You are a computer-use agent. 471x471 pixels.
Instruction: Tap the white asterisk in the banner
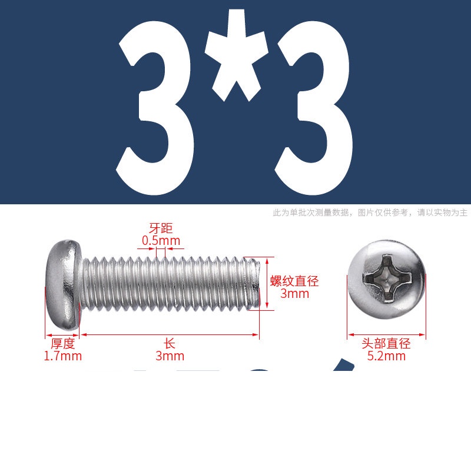point(237,55)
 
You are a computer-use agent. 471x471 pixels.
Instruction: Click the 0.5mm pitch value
point(161,241)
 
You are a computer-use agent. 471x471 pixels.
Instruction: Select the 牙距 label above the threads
point(161,228)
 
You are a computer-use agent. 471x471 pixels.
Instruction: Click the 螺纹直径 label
point(294,281)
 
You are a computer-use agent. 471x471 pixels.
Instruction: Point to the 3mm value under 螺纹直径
point(294,294)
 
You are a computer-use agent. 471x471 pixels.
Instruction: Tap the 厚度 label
point(63,344)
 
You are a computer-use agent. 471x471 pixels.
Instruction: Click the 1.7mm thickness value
point(63,356)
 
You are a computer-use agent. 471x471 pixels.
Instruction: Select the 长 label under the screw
point(170,344)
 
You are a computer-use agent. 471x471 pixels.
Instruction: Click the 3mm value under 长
point(170,356)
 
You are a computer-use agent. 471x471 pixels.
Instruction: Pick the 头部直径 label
point(386,344)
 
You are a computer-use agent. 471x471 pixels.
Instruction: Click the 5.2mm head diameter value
point(386,356)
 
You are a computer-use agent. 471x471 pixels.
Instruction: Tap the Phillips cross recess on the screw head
point(386,278)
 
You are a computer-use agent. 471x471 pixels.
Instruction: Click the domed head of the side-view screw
point(64,284)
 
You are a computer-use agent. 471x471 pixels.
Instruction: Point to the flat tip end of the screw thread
point(257,283)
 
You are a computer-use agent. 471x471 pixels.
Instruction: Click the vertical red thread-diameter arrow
point(267,284)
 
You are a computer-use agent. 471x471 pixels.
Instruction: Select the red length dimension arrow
point(170,334)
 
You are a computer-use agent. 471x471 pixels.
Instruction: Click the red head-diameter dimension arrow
point(387,334)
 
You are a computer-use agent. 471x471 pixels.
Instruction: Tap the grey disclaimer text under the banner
point(370,213)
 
